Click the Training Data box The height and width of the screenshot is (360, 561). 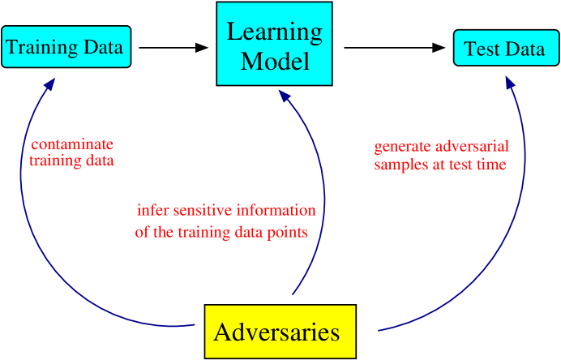[x=65, y=47]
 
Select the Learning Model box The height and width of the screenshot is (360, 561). [x=274, y=44]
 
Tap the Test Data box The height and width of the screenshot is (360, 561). [x=504, y=49]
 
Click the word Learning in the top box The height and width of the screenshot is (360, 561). [x=274, y=32]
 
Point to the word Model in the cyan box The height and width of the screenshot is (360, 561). [x=275, y=61]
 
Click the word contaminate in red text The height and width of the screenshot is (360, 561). [x=72, y=144]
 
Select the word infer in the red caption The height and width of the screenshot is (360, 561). [x=152, y=211]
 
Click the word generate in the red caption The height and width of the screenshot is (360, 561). [x=402, y=148]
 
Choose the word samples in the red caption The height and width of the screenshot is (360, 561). [x=399, y=165]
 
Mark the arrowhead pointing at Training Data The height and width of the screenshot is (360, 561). [x=50, y=83]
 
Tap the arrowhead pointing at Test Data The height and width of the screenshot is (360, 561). [x=508, y=82]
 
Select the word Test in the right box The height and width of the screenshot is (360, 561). [x=481, y=49]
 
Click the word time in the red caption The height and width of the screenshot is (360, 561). [x=491, y=165]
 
